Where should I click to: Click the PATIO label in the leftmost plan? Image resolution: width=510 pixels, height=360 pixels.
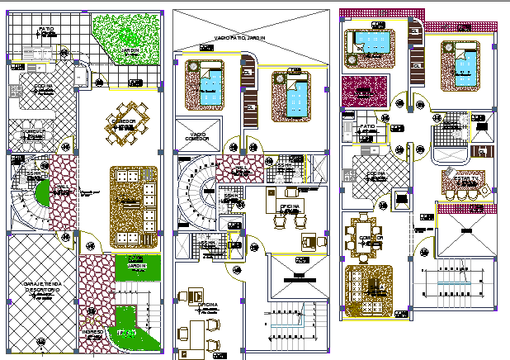coord(46,30)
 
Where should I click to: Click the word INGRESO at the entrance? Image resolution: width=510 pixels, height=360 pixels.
coord(92,332)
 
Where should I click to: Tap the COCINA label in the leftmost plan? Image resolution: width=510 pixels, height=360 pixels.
coord(43,86)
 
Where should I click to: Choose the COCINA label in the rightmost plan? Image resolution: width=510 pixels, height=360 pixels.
coord(376,174)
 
